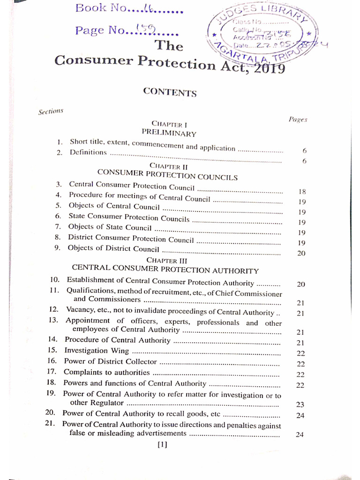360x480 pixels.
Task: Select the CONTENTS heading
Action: pos(170,92)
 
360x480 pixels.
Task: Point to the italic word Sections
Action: pos(50,112)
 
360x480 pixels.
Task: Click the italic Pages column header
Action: pos(298,120)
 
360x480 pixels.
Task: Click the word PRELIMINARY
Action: pos(169,134)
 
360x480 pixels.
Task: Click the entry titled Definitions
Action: pos(88,152)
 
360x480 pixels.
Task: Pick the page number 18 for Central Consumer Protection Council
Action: pos(302,191)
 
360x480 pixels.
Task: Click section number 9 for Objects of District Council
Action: pos(57,248)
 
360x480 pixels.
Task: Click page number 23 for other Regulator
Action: pos(300,404)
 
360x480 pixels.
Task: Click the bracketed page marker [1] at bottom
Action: pos(162,445)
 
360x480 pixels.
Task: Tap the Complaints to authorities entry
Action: pos(106,372)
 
